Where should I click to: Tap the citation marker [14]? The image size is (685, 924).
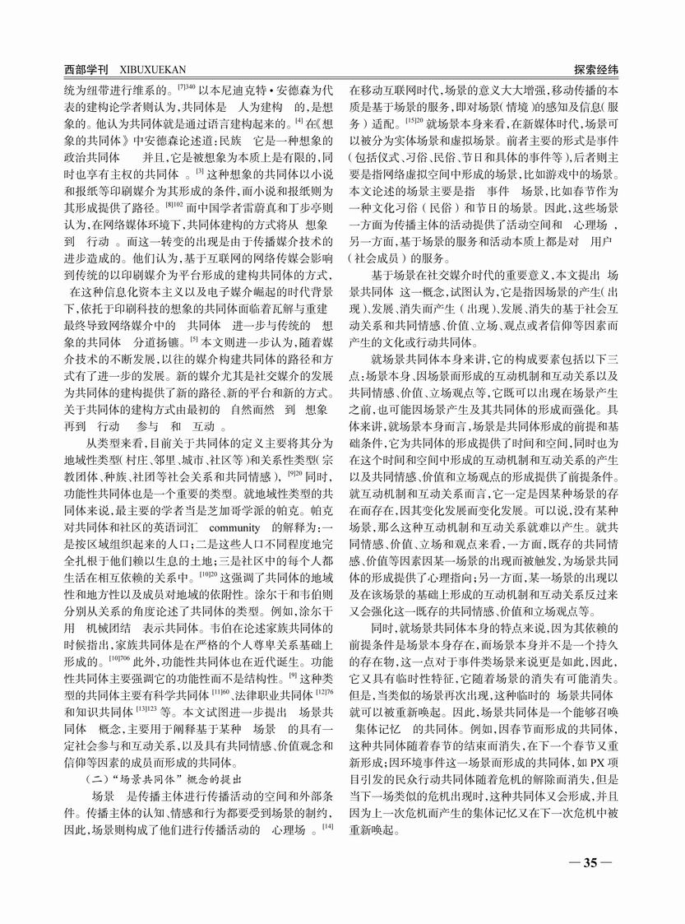click(327, 824)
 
